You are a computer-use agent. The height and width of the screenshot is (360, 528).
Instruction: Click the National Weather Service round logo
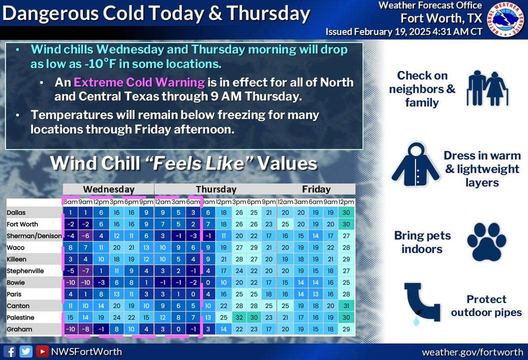pos(507,19)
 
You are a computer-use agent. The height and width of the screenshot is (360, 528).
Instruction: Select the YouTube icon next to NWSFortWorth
pos(42,352)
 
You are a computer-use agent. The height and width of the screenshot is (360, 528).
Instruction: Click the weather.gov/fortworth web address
pos(472,352)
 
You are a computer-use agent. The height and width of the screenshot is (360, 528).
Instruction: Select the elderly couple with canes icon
pos(487,88)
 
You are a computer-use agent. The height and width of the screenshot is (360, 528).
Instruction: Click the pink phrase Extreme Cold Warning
pos(139,82)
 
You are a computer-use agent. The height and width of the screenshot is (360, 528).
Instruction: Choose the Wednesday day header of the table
pos(109,189)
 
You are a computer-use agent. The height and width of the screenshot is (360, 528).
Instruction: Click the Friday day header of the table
pos(316,189)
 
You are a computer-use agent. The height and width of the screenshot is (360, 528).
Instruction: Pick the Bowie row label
pos(16,283)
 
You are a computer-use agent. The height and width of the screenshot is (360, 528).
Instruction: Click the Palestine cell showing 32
pos(239,317)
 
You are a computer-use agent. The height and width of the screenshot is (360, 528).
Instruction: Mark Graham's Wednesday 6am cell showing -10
pos(70,329)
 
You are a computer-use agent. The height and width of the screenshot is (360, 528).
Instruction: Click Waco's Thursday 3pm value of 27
pos(239,247)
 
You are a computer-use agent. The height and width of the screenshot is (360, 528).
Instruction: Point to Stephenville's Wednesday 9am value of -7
pos(85,271)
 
